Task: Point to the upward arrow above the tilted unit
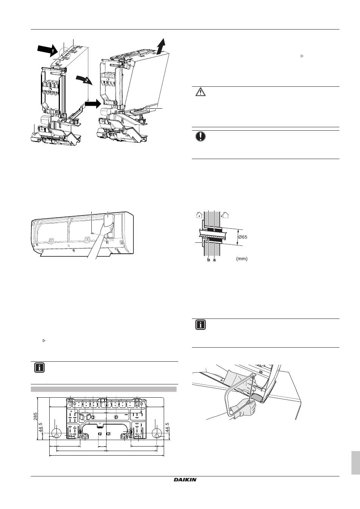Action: [161, 46]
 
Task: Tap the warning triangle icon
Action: [200, 92]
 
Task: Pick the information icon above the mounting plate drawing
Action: [39, 367]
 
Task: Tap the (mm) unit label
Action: [242, 259]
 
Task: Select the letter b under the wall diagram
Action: [208, 260]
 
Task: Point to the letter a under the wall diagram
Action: [214, 260]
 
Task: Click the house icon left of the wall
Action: [199, 215]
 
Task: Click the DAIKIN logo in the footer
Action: [185, 480]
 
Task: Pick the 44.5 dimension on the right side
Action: [167, 427]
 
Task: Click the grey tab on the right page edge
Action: [355, 462]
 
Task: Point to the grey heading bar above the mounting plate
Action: [103, 389]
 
